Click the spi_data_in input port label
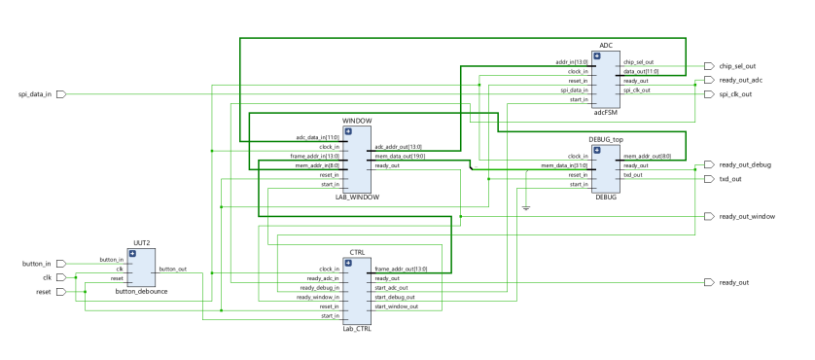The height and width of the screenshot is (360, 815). pos(36,94)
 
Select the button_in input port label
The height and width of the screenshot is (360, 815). pos(36,263)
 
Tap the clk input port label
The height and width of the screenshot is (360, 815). pos(45,277)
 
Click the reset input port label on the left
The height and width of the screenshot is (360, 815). pos(43,291)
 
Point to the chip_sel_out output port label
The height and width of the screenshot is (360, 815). pos(738,66)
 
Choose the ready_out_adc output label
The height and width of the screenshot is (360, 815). pos(741,80)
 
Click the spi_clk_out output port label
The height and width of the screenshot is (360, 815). pos(736,94)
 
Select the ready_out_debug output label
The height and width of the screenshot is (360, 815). pos(745,165)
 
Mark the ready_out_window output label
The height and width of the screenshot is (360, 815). pos(747,216)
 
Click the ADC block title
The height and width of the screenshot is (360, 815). pos(605,45)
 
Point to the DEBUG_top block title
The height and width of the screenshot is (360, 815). pos(606,139)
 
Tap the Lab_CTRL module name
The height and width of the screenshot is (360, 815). pos(356,329)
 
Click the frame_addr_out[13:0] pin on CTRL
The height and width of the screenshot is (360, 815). pos(401,269)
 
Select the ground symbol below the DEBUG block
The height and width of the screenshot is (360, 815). pos(526,206)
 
